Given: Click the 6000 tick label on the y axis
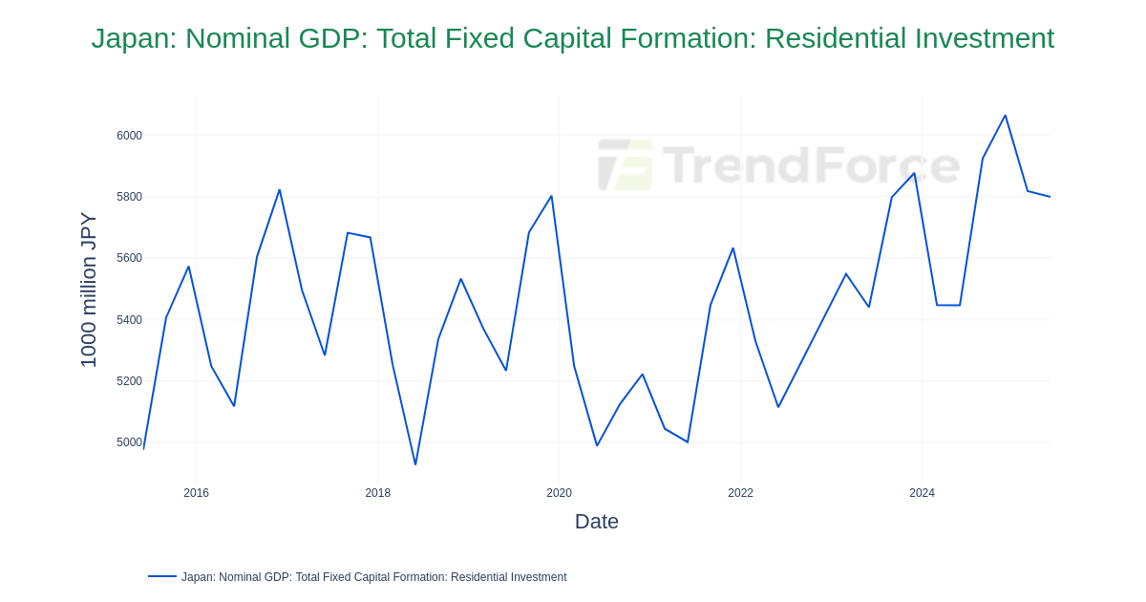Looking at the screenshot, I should coord(129,136).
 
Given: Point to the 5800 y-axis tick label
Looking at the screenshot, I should coord(129,197).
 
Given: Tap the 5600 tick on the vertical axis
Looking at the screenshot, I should coord(129,258).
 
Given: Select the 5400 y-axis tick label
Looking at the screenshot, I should coord(129,320).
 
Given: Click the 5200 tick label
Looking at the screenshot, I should coord(129,381).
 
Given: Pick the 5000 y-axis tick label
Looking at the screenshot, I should coord(129,442).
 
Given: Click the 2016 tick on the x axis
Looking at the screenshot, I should coord(197,493).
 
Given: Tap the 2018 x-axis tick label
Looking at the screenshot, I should coord(378,493).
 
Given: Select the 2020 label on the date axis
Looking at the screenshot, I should coord(560,493).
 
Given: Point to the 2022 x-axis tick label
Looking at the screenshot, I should coord(741,493).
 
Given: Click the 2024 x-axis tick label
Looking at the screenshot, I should coord(923,493).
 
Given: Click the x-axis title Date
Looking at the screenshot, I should coord(597,522).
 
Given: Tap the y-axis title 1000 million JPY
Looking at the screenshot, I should coord(88,290).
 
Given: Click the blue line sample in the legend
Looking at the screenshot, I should coord(162,576).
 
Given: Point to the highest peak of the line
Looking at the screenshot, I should coord(1006,116).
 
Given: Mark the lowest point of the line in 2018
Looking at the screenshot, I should coord(415,464).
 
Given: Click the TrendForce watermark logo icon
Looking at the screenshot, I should coord(626,164).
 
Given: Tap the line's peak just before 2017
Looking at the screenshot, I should coord(280,190).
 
